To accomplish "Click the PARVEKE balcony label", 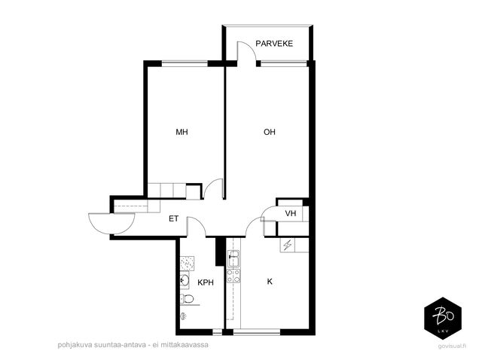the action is pyautogui.click(x=274, y=44).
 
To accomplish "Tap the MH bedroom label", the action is pyautogui.click(x=182, y=133).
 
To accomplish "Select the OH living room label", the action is pyautogui.click(x=270, y=133).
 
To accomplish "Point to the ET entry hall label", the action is pyautogui.click(x=174, y=218).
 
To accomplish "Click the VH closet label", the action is pyautogui.click(x=291, y=213).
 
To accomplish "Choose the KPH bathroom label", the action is pyautogui.click(x=206, y=282).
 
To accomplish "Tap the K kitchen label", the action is pyautogui.click(x=270, y=282).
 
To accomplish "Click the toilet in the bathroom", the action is pyautogui.click(x=187, y=298).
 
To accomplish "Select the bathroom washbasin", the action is pyautogui.click(x=185, y=280).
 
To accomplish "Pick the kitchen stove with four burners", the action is pyautogui.click(x=233, y=276).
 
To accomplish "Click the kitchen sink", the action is pyautogui.click(x=233, y=258).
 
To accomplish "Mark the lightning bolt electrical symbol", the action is pyautogui.click(x=288, y=246).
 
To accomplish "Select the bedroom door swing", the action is pyautogui.click(x=213, y=188).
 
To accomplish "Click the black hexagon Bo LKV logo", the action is pyautogui.click(x=443, y=318).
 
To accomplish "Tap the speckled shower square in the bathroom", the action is pyautogui.click(x=188, y=264).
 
